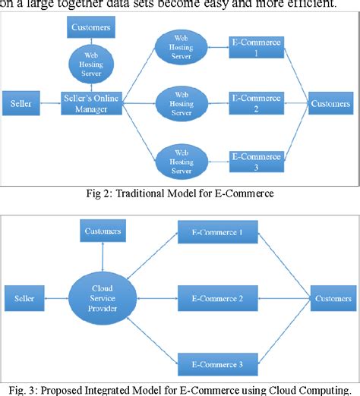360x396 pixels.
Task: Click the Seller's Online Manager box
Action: pos(92,102)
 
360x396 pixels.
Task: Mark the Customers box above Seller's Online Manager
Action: pos(91,28)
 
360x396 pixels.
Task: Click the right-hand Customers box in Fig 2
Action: pos(330,103)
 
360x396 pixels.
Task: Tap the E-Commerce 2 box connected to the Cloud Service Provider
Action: pos(211,298)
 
